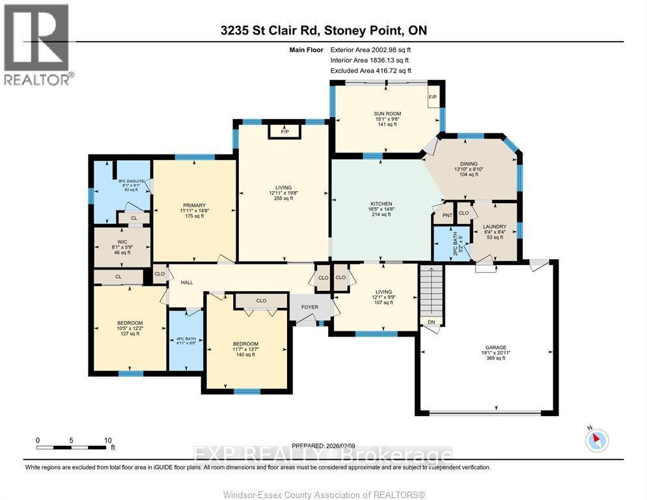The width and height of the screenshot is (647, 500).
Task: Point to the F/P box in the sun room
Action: [433, 98]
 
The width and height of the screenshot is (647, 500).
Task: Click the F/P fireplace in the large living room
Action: [284, 132]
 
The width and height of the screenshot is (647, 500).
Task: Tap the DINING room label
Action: [468, 164]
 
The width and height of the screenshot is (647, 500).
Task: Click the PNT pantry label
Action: [447, 215]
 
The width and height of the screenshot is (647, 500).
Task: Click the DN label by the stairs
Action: [430, 322]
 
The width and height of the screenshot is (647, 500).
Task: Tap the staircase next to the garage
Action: [430, 290]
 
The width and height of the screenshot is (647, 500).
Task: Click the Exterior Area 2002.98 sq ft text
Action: [370, 49]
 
